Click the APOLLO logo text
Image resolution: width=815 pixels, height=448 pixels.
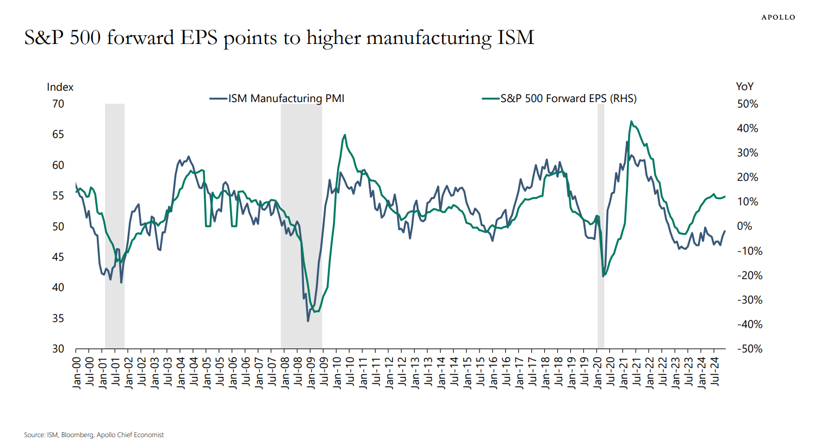[x=778, y=17]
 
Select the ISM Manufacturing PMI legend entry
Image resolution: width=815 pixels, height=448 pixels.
[x=277, y=98]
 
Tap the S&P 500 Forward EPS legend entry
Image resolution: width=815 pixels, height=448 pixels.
[x=559, y=98]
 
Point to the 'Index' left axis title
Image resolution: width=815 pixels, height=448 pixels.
[x=60, y=87]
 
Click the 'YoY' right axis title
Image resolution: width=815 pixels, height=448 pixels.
[x=744, y=86]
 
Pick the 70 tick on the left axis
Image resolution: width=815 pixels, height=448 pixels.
[x=58, y=104]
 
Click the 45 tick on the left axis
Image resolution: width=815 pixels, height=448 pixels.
[x=58, y=257]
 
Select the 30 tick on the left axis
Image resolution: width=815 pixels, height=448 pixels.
[x=58, y=349]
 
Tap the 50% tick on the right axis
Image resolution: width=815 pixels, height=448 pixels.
[x=748, y=104]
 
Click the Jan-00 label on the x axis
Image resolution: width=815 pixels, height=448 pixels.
[x=77, y=373]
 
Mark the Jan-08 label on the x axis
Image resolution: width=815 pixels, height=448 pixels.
[x=285, y=373]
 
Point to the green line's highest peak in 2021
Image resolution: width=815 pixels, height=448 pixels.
[x=631, y=122]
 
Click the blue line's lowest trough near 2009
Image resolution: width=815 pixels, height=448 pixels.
[x=308, y=321]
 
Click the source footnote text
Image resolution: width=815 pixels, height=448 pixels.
[x=94, y=435]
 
